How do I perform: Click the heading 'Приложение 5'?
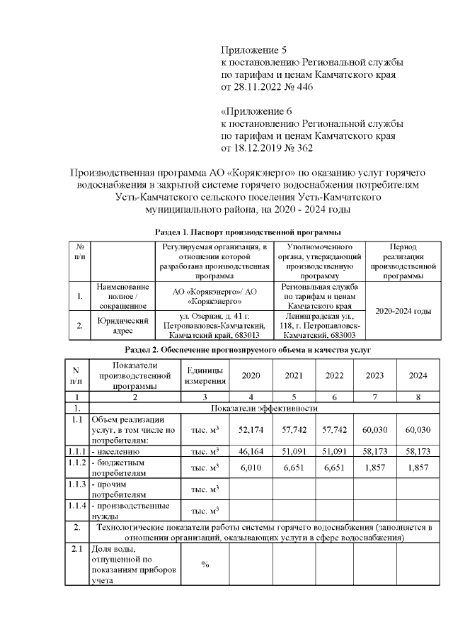253,50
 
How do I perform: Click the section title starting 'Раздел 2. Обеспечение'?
248,350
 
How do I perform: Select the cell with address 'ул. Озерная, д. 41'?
211,325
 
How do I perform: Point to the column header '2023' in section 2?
374,375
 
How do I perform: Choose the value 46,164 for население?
251,450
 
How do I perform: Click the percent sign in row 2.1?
205,565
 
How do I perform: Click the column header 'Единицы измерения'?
205,375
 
